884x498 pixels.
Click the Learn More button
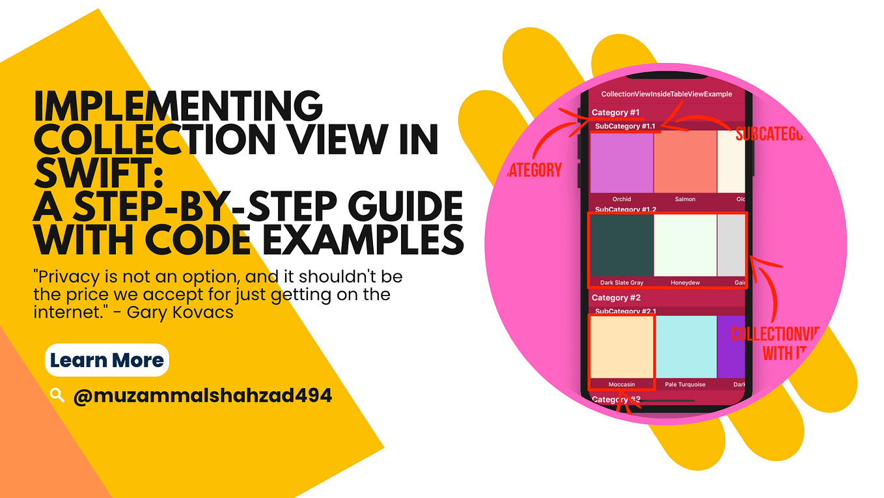[x=107, y=360]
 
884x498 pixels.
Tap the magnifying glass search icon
[x=57, y=394]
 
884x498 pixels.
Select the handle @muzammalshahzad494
[x=202, y=394]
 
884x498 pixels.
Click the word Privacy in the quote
[x=68, y=276]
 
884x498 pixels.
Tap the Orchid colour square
[x=622, y=161]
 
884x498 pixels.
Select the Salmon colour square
[x=685, y=161]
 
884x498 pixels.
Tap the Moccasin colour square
[x=622, y=346]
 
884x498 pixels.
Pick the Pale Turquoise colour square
[x=685, y=346]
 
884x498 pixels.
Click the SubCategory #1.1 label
[x=625, y=126]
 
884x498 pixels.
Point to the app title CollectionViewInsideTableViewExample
[x=666, y=94]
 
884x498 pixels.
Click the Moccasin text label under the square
[x=621, y=384]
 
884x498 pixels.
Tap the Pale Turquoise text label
[x=685, y=384]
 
